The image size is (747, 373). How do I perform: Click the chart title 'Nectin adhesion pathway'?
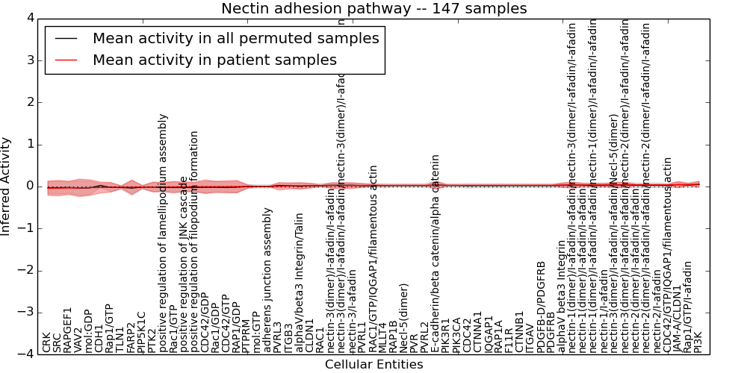pyautogui.click(x=373, y=9)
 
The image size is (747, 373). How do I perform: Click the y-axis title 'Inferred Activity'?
pyautogui.click(x=7, y=186)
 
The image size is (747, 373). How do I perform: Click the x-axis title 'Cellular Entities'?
pyautogui.click(x=373, y=365)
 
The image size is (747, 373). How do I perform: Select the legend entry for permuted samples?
pyautogui.click(x=235, y=39)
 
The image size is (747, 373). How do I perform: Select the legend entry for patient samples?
pyautogui.click(x=214, y=60)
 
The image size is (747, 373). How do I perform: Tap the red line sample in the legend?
pyautogui.click(x=68, y=60)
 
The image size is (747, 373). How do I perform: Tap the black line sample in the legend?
pyautogui.click(x=68, y=39)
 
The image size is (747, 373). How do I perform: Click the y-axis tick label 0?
pyautogui.click(x=29, y=186)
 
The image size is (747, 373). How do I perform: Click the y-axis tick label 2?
pyautogui.click(x=29, y=101)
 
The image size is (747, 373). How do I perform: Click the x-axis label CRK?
pyautogui.click(x=47, y=342)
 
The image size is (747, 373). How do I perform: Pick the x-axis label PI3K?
pyautogui.click(x=698, y=342)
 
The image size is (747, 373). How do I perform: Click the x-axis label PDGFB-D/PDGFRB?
pyautogui.click(x=542, y=306)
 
